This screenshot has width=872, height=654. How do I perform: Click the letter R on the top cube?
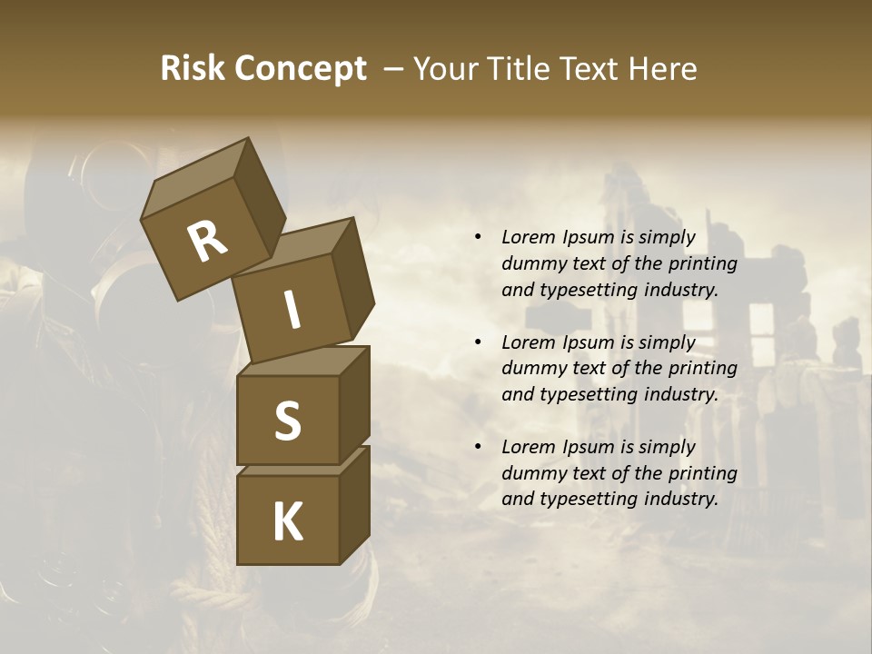coord(207,242)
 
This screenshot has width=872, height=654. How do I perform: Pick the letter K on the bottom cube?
coord(287,521)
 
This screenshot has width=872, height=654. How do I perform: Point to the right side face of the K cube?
coord(354,504)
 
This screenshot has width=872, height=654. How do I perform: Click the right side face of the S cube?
coord(354,404)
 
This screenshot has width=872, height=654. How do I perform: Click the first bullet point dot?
coord(478,238)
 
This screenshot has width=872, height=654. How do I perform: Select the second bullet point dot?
coord(478,342)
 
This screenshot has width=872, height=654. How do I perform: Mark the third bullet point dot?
coord(478,447)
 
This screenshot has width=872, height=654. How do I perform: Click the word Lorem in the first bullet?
coord(529,237)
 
